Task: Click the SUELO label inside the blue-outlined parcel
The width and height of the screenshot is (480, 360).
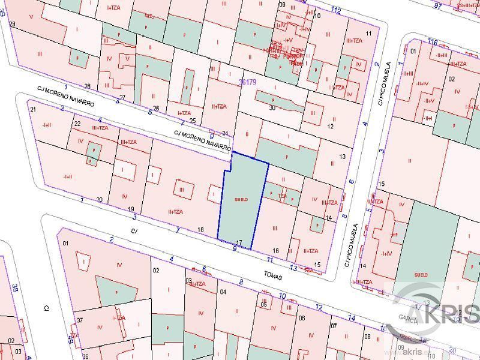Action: pos(241,199)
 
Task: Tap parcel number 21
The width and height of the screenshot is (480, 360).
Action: pos(33,110)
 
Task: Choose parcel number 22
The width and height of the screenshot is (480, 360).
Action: pos(77,124)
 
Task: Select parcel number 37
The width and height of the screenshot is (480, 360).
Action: pos(79,320)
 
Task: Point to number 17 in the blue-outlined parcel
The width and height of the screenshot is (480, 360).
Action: pos(239,242)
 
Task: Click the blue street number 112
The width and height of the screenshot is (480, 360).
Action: pos(335,11)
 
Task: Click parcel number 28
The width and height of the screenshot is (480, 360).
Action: pos(87,86)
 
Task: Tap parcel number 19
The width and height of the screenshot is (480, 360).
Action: pos(131,208)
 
